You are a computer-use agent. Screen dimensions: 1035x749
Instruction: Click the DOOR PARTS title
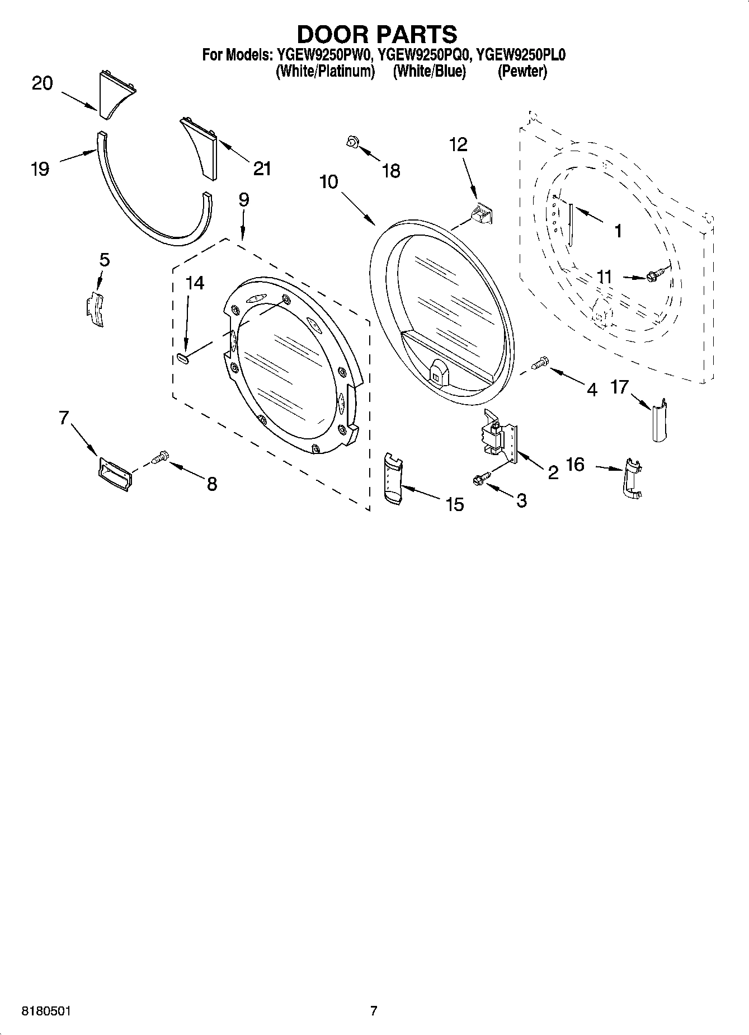[x=376, y=35]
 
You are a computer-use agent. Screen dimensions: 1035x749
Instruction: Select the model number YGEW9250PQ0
[x=424, y=55]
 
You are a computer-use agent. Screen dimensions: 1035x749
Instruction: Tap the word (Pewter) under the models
[x=522, y=72]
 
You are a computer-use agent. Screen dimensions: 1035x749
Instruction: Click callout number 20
[x=42, y=83]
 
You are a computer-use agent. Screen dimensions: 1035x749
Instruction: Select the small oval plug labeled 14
[x=183, y=358]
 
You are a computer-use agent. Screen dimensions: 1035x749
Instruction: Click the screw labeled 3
[x=481, y=477]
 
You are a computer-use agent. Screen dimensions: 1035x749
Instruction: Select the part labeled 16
[x=632, y=479]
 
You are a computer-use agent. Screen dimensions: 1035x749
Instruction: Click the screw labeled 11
[x=654, y=275]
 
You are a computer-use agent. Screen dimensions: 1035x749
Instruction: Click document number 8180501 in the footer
[x=46, y=1011]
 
